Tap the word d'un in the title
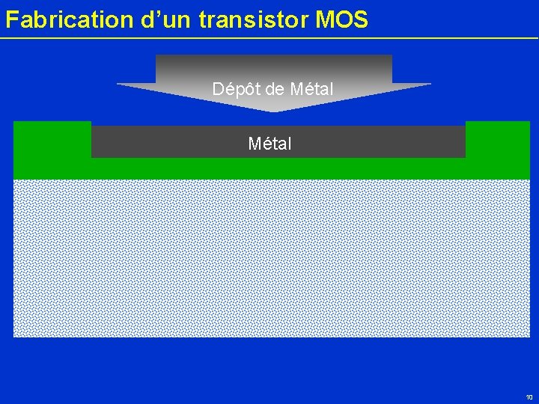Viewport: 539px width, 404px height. tap(166, 19)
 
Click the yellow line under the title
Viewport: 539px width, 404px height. tap(269, 38)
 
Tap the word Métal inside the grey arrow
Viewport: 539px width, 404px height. tap(311, 89)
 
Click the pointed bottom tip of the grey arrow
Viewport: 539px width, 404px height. tap(275, 111)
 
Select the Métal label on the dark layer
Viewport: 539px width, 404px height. tap(269, 143)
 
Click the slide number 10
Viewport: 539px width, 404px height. tap(529, 397)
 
